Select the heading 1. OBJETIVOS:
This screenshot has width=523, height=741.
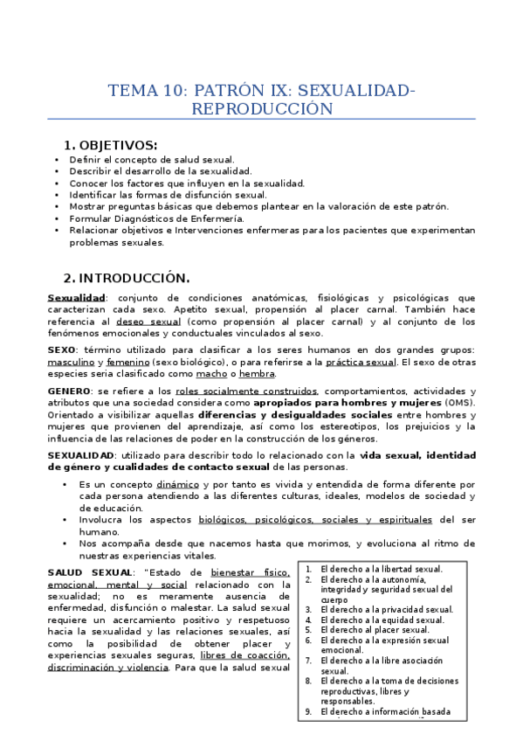click(110, 145)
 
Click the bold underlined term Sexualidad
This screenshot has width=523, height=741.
click(76, 298)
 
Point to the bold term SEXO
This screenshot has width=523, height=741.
click(61, 349)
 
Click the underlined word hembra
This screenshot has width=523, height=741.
click(232, 373)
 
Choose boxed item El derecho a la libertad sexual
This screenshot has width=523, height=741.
click(381, 568)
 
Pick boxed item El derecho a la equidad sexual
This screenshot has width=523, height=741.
click(382, 620)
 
